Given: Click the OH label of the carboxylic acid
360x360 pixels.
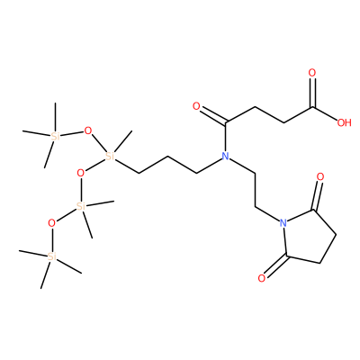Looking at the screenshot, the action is (344, 122).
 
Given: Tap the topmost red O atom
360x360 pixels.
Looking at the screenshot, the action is (312, 73).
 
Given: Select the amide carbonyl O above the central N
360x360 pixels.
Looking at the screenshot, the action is (196, 106).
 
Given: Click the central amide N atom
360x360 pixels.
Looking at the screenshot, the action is (225, 156).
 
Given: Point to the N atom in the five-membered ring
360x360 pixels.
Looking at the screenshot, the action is (283, 223).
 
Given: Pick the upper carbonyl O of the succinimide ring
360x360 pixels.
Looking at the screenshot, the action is (320, 176).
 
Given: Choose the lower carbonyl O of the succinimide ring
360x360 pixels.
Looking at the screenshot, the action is (262, 278).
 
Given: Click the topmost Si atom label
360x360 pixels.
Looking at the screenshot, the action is (56, 137).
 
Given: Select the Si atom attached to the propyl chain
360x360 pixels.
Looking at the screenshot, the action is (110, 156).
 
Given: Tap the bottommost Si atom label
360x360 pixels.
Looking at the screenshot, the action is (52, 256).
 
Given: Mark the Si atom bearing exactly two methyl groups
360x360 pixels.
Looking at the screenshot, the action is (81, 206).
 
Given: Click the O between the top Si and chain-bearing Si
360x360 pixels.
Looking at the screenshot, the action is (88, 130).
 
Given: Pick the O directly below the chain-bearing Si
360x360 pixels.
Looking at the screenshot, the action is (80, 173).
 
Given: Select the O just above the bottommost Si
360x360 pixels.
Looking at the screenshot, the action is (51, 223).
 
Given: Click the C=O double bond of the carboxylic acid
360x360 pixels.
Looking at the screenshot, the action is (312, 93).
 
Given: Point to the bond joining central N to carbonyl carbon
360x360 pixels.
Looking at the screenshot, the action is (226, 136).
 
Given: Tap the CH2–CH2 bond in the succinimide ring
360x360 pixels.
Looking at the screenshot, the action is (328, 249).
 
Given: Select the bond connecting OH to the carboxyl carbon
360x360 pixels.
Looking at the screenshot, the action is (325, 112).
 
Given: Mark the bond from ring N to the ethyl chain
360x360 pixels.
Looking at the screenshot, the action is (267, 214).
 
